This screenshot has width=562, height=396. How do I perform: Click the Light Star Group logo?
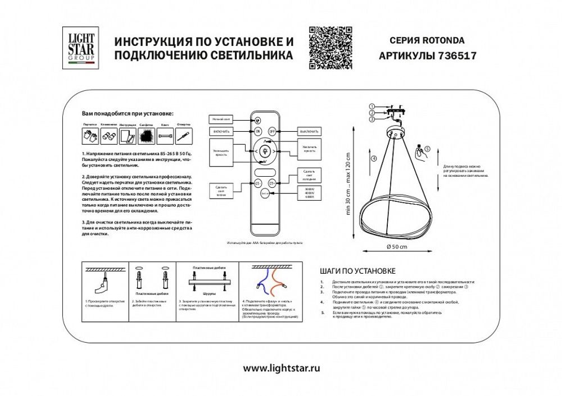click(81, 49)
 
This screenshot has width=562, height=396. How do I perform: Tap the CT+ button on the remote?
click(273, 182)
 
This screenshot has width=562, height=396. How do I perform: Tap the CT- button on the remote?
click(258, 182)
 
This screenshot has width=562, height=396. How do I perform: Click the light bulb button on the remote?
click(265, 150)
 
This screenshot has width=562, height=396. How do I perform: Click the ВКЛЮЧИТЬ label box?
click(221, 131)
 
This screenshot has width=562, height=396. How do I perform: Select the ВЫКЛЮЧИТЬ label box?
click(309, 131)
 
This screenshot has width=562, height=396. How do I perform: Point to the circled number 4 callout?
click(373, 158)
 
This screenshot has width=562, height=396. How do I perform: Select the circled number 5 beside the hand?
click(427, 149)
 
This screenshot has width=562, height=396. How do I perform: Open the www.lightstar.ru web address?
click(281, 369)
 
